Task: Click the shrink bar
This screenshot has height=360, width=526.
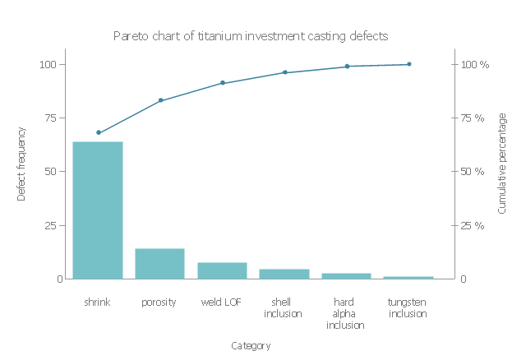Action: coord(98,210)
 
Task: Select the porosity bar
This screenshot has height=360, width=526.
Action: coord(159,264)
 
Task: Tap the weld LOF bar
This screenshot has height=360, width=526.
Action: coord(222,270)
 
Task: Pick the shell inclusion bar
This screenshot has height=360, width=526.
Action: coord(284,274)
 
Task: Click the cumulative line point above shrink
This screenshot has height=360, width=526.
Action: coord(99,132)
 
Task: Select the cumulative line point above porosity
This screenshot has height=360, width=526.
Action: coord(160,100)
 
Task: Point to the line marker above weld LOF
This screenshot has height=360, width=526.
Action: coord(223,83)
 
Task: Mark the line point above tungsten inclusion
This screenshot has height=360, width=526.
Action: coord(409,64)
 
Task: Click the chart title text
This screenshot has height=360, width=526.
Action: coord(251,36)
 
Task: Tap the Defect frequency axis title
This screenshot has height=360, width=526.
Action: coord(22,164)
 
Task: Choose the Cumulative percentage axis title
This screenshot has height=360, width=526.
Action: coord(502,164)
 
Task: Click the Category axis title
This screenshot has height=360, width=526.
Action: coord(251,346)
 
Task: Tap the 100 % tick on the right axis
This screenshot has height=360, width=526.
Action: coord(474,64)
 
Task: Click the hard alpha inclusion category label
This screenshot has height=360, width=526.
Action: coord(346,313)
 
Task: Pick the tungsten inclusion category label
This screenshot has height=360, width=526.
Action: coord(408,307)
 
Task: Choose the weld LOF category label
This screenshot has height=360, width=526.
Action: coord(222,302)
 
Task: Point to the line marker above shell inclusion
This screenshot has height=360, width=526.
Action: coord(285,72)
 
